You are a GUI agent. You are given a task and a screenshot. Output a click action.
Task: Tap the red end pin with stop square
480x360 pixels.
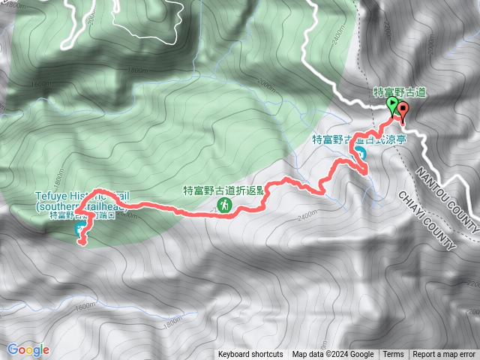coord(404,110)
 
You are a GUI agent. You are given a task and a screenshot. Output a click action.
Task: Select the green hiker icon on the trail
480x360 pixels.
coord(223,204)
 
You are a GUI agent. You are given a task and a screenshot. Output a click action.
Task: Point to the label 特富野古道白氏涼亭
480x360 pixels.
coord(349,139)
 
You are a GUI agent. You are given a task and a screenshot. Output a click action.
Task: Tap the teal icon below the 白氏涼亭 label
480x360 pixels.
coord(360,154)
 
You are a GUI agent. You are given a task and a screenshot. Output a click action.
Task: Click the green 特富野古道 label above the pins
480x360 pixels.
coord(400,91)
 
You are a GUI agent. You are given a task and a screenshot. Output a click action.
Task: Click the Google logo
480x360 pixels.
coord(28,349)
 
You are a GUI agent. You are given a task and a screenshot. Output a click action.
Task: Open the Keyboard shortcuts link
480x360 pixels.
coord(250,355)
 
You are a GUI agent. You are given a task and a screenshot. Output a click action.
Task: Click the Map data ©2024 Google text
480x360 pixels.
coord(332,355)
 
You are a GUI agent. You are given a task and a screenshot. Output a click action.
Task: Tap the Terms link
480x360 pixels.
coord(393,355)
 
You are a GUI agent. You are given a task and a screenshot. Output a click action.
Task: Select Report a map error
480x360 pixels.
coord(444,355)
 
